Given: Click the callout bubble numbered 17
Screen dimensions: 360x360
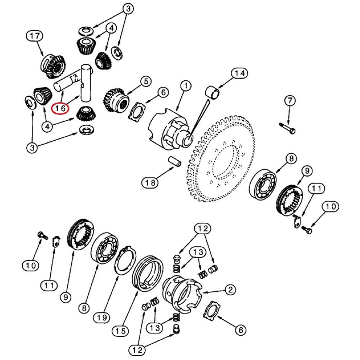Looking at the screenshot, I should (35, 36).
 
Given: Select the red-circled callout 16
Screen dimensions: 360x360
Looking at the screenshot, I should (60, 107).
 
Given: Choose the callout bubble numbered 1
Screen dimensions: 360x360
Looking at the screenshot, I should (186, 86).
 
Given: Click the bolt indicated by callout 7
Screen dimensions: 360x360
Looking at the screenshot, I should (287, 128).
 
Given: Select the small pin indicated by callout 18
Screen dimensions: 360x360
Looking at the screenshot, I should (174, 160).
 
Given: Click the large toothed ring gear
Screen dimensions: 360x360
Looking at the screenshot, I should (220, 158).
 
